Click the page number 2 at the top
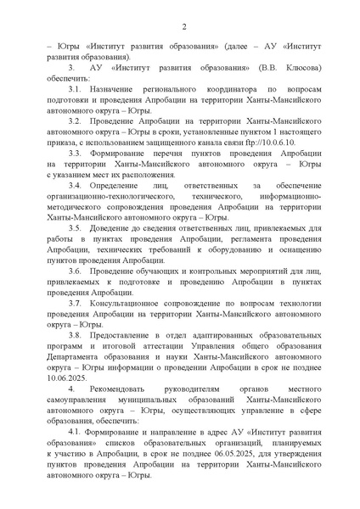pos(180,27)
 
